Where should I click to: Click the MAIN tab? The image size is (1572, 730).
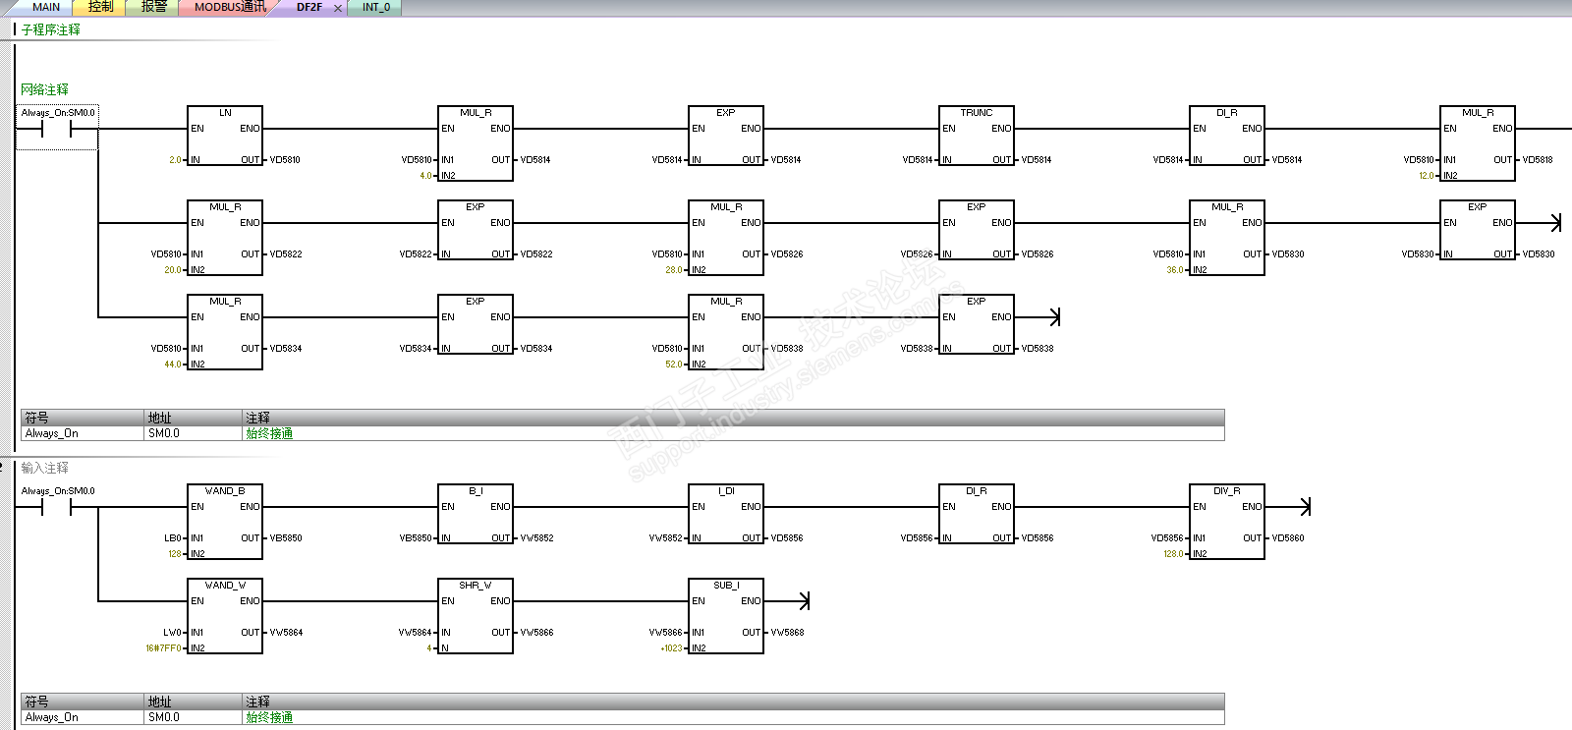[45, 7]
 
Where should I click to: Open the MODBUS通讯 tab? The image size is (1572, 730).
[230, 7]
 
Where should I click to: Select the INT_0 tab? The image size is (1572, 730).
[375, 7]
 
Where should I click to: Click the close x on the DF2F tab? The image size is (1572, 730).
[338, 8]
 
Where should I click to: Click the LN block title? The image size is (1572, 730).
[225, 113]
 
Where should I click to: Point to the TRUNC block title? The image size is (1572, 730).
[976, 113]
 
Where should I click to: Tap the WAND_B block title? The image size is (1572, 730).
[225, 491]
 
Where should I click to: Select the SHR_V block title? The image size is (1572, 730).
[476, 586]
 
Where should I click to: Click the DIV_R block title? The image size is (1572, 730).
[1226, 491]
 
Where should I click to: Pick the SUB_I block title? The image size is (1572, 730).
[726, 586]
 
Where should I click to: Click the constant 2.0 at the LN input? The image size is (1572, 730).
[175, 160]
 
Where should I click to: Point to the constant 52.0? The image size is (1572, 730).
[673, 365]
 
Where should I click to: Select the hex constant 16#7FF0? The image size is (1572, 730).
[163, 648]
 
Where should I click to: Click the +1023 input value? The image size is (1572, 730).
[671, 648]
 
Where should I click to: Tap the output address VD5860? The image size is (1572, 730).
[1288, 538]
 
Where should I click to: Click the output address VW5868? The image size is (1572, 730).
[787, 633]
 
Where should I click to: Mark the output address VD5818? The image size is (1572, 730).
[1538, 160]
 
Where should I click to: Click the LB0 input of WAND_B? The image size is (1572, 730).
[173, 538]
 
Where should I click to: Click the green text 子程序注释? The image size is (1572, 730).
[51, 30]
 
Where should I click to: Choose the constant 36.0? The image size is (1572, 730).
[1174, 270]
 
